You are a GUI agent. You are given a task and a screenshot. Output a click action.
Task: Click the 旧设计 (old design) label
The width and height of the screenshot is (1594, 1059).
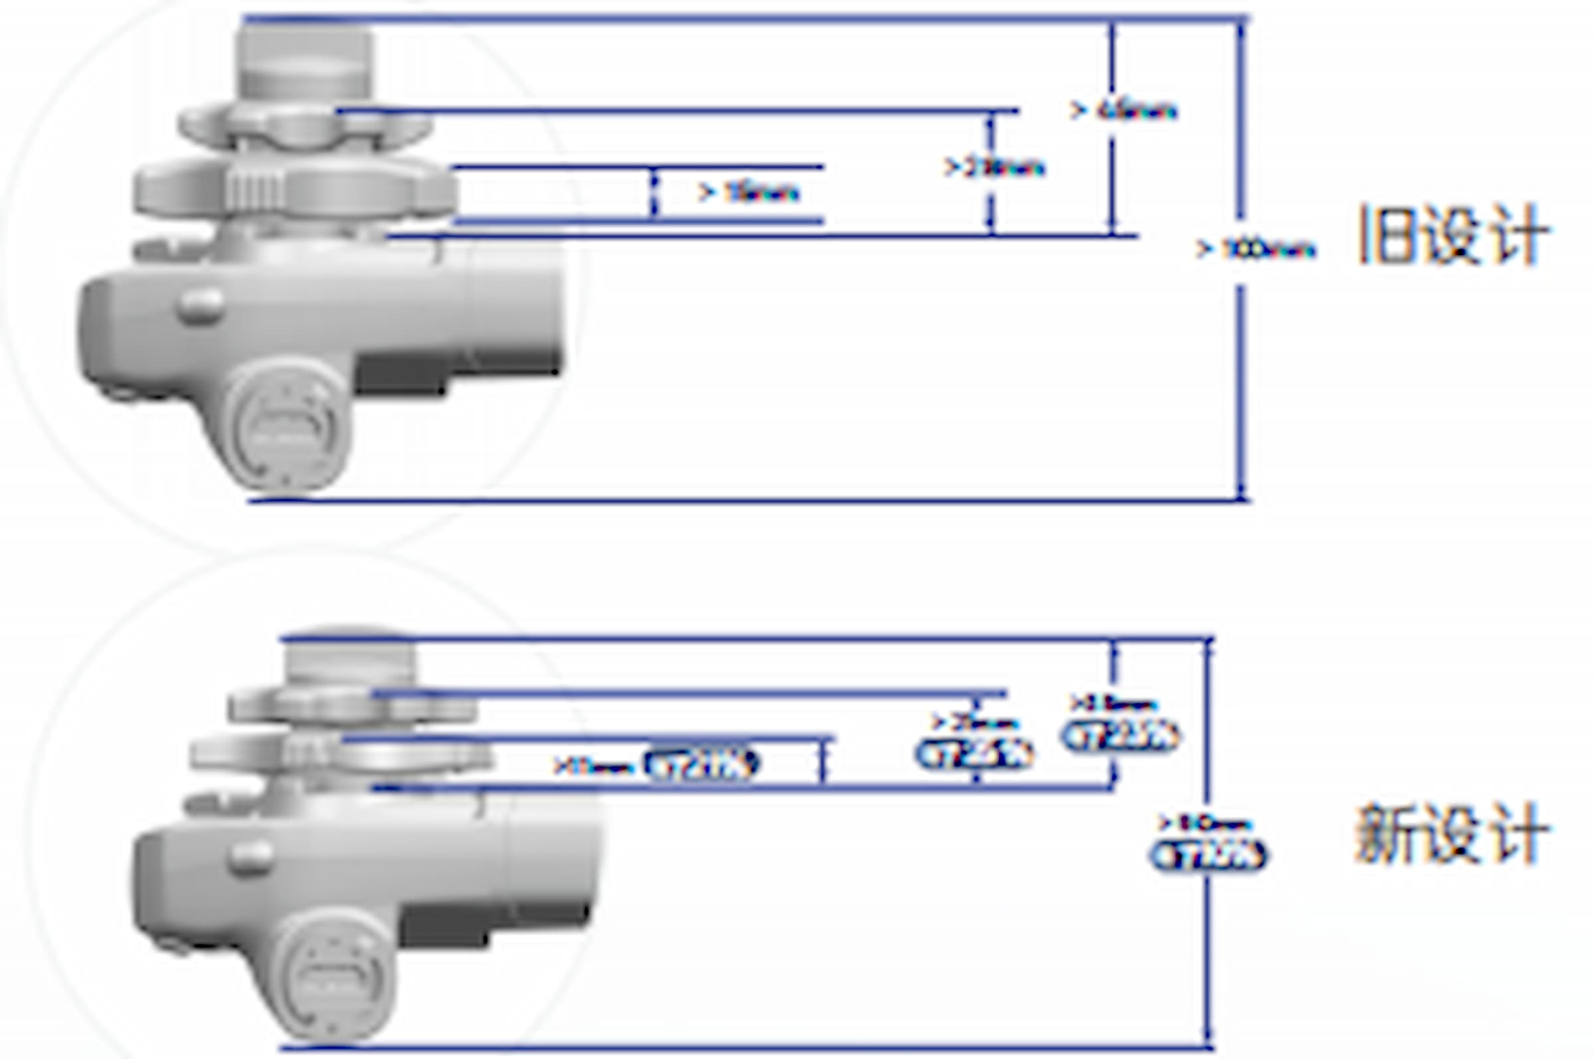tap(1453, 235)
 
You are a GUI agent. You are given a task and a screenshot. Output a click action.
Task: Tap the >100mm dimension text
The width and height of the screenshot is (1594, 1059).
tap(1256, 249)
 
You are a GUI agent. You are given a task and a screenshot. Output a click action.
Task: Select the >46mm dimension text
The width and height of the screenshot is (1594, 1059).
tap(1124, 110)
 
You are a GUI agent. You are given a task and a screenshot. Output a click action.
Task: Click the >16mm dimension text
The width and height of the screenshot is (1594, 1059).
tap(749, 193)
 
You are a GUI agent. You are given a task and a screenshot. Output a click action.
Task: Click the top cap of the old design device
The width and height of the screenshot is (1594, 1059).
tap(304, 60)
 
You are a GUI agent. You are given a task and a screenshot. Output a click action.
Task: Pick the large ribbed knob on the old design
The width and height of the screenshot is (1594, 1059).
tap(295, 188)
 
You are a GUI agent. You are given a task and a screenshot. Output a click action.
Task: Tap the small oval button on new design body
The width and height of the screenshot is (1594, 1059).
tap(250, 856)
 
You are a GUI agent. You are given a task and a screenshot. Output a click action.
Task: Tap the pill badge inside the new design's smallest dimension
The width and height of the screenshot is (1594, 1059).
tap(702, 764)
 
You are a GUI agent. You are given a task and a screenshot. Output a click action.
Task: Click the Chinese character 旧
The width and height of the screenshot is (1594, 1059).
tap(1384, 235)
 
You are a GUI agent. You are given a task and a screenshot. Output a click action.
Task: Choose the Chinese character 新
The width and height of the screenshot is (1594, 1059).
tap(1384, 833)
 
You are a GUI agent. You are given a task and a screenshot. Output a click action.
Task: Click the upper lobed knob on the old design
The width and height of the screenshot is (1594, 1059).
tap(304, 125)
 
